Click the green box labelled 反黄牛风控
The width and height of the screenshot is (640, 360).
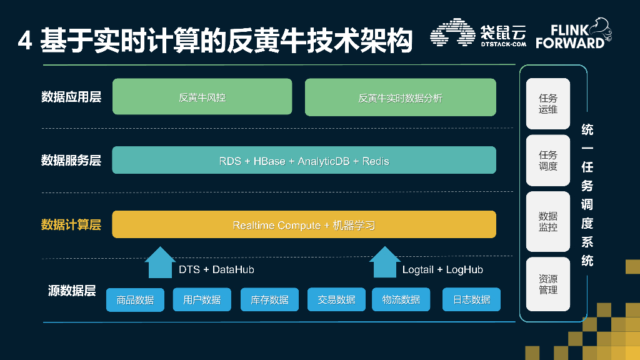pos(202,97)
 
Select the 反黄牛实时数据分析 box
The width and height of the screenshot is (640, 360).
pos(400,97)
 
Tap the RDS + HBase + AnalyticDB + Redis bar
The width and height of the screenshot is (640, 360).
pos(304,161)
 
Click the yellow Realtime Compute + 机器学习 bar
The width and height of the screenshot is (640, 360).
pos(304,224)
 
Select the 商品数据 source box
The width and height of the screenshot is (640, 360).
pos(135,299)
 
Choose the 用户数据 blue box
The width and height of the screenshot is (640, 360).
pos(202,299)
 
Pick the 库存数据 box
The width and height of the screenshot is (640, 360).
pos(269,299)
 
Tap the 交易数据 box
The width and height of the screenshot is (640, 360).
pos(336,299)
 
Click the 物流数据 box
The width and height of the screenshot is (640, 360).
pos(401,299)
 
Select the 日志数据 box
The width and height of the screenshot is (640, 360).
pos(471,299)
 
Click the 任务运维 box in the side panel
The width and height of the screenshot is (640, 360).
pos(548,104)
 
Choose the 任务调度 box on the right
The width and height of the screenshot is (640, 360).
pos(548,161)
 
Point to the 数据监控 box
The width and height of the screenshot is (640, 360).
pos(548,221)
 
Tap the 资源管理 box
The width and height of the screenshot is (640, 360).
pos(548,284)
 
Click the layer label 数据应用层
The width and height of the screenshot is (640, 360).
pos(71,97)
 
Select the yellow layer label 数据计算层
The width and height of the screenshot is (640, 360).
pos(71,224)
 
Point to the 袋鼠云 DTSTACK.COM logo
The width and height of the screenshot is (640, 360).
pos(478,35)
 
